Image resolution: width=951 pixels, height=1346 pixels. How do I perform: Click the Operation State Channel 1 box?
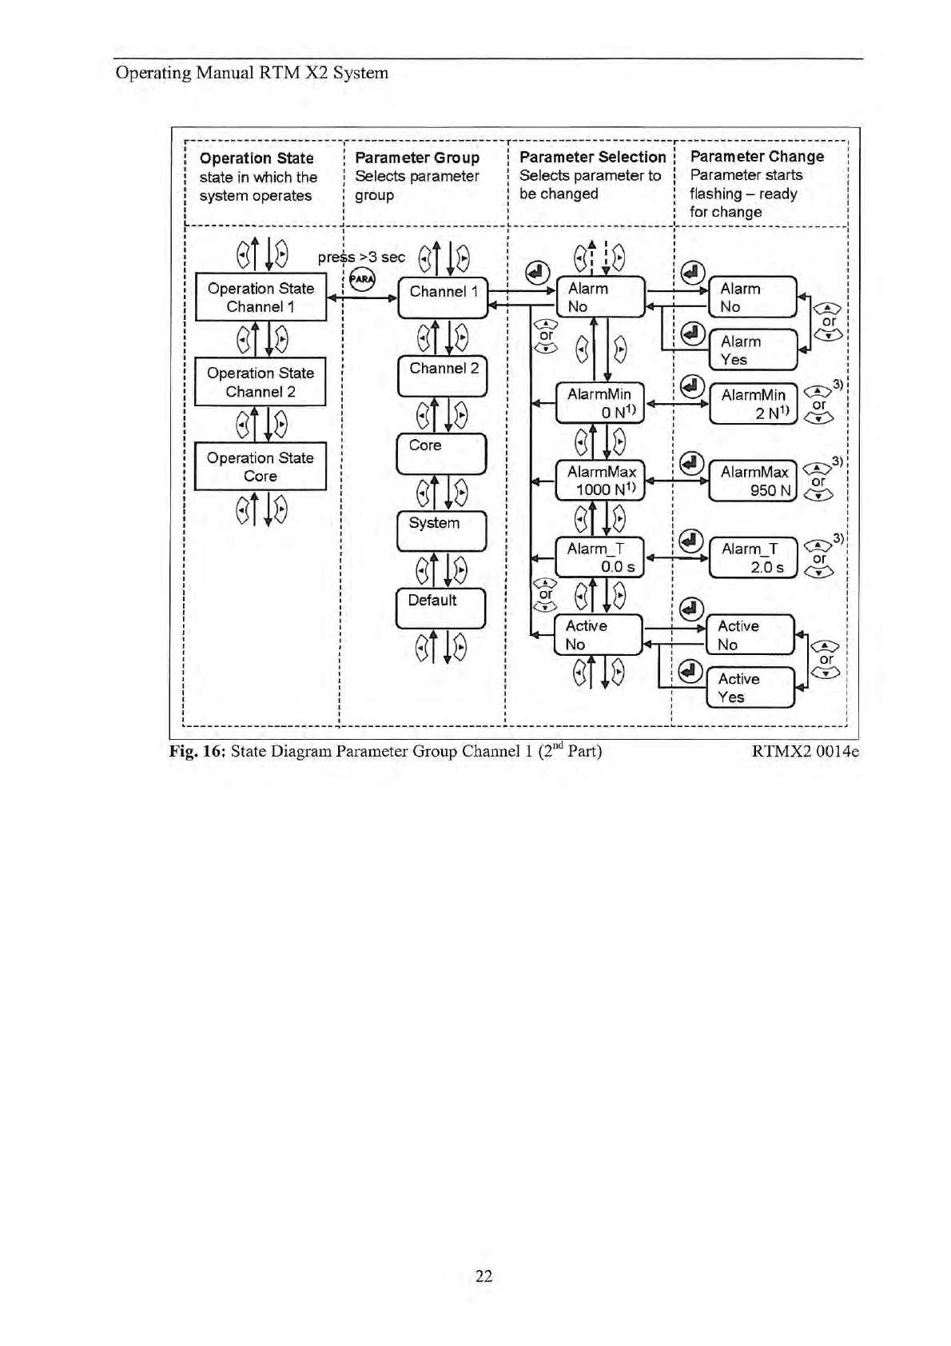pyautogui.click(x=261, y=298)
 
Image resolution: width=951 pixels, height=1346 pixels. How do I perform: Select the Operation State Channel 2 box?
pyautogui.click(x=261, y=382)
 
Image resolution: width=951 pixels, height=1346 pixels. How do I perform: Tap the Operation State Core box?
pyautogui.click(x=261, y=467)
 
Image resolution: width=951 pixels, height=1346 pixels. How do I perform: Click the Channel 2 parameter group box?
pyautogui.click(x=443, y=377)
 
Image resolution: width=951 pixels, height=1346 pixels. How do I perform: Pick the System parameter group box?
pyautogui.click(x=442, y=531)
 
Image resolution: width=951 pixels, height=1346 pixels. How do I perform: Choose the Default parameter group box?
pyautogui.click(x=441, y=609)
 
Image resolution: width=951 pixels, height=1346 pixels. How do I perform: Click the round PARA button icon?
pyautogui.click(x=362, y=279)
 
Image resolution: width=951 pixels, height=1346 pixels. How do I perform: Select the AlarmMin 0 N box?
pyautogui.click(x=601, y=403)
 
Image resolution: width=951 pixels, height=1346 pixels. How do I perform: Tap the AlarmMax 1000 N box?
pyautogui.click(x=601, y=481)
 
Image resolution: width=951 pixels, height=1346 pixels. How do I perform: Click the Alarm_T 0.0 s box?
pyautogui.click(x=600, y=557)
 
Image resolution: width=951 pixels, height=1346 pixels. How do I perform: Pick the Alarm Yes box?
pyautogui.click(x=754, y=350)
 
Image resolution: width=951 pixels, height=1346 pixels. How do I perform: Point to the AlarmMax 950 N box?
pyautogui.click(x=754, y=481)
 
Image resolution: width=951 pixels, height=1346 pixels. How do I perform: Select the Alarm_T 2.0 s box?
pyautogui.click(x=753, y=557)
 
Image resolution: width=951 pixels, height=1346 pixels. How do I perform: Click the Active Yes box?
pyautogui.click(x=751, y=688)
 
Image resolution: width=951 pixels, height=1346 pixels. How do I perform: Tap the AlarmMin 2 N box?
pyautogui.click(x=754, y=403)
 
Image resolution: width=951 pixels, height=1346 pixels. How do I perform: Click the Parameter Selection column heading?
pyautogui.click(x=592, y=157)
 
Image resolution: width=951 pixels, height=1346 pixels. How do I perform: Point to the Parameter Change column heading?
pyautogui.click(x=757, y=157)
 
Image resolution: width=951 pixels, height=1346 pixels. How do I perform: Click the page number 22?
pyautogui.click(x=483, y=1276)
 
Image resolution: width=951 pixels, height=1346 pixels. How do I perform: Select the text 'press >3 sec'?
pyautogui.click(x=361, y=257)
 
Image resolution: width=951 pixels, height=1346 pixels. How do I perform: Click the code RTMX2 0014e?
pyautogui.click(x=806, y=751)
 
